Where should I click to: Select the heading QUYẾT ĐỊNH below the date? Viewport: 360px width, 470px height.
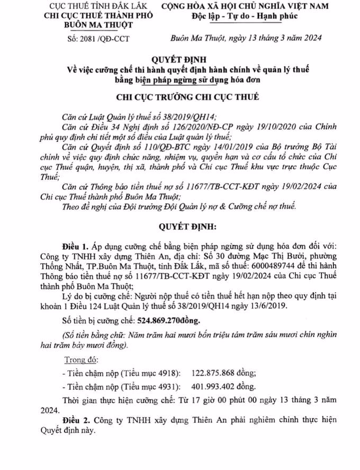click(x=179, y=59)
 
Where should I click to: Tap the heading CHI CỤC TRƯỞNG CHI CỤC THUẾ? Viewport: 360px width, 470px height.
click(x=179, y=97)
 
